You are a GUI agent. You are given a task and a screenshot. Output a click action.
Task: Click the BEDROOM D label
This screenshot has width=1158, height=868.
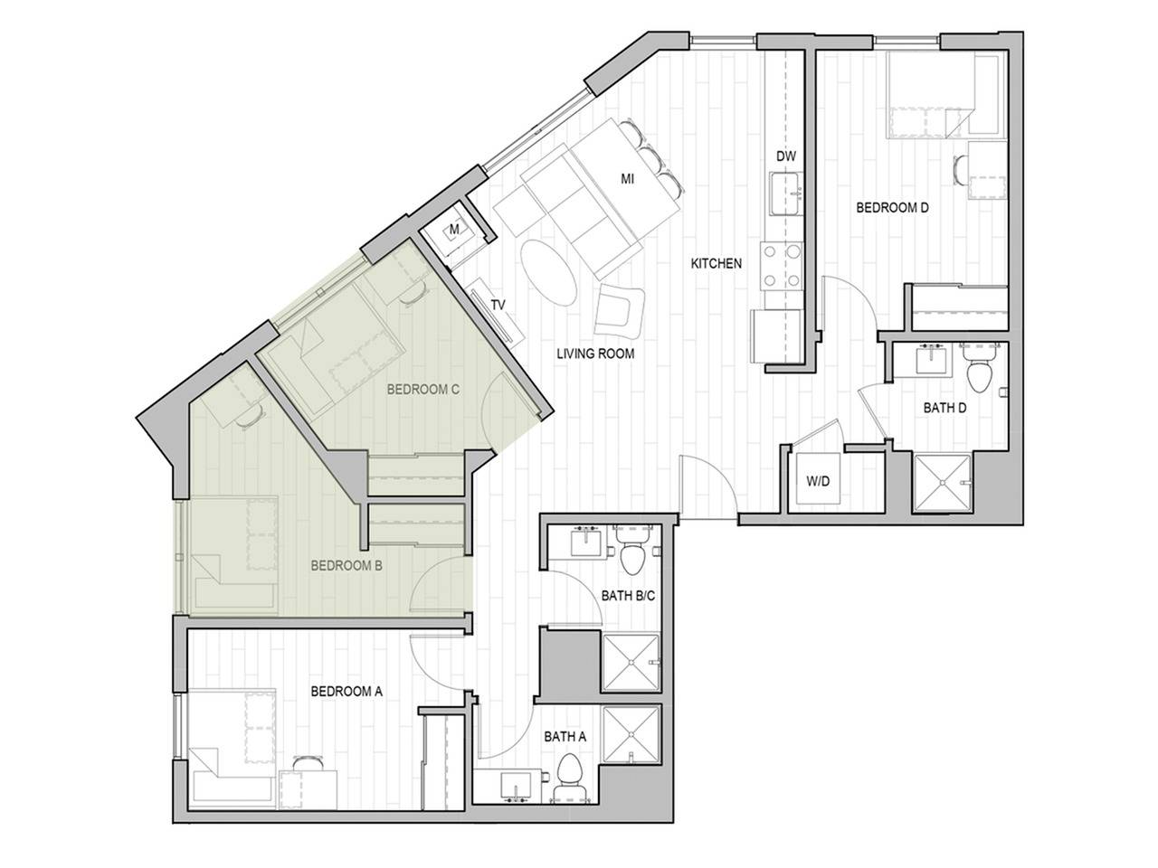892,208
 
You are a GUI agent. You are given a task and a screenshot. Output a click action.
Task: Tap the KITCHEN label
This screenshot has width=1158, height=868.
716,264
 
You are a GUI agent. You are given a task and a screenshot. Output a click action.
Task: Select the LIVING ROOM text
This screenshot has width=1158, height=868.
595,354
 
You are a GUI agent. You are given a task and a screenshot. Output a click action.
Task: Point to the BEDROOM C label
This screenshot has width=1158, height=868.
423,390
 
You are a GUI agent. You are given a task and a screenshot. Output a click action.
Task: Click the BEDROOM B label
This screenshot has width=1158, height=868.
346,566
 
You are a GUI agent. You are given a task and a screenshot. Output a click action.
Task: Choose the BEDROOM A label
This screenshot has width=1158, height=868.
346,692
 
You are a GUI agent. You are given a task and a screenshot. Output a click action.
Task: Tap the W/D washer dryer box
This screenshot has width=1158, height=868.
818,482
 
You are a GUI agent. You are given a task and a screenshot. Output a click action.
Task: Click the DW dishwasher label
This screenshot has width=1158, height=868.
786,156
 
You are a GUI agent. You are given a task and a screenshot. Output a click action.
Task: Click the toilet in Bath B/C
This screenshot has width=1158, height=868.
631,554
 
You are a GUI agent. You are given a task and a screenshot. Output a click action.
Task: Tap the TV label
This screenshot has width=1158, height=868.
498,305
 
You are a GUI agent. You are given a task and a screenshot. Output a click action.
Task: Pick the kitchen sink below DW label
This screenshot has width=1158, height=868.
785,193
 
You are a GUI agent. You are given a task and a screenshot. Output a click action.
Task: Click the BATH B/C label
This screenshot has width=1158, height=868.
622,596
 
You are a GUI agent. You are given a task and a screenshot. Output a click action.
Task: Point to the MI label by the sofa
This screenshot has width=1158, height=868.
626,179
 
